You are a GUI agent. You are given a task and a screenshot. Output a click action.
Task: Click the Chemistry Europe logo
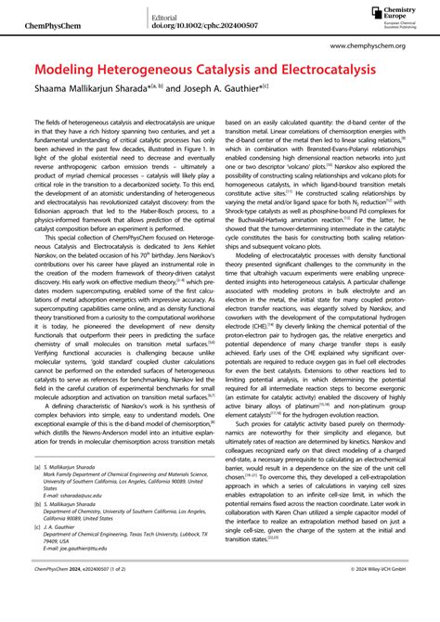(393, 12)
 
